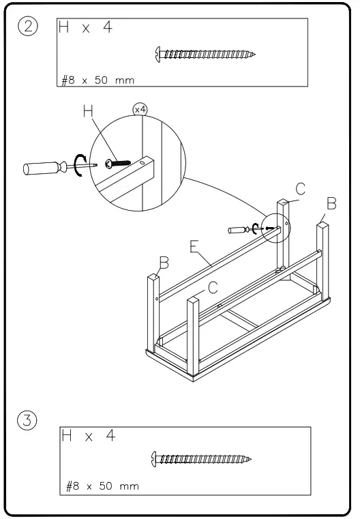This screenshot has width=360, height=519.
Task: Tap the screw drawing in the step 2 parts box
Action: click(x=205, y=53)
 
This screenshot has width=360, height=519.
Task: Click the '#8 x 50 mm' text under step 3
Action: click(x=102, y=486)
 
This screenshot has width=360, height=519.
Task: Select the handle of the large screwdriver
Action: click(x=42, y=168)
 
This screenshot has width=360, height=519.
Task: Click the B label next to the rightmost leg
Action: click(x=331, y=203)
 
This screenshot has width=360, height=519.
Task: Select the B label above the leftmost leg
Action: click(x=163, y=261)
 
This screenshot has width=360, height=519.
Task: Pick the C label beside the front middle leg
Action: click(x=213, y=288)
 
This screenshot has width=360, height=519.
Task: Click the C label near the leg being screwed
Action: click(x=300, y=188)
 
